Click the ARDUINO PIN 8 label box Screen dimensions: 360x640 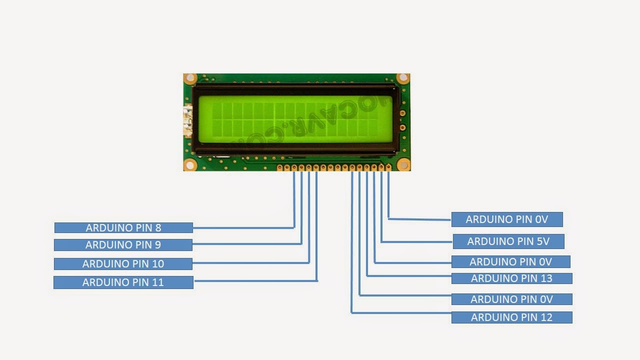(123, 228)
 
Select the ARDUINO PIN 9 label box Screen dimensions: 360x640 (123, 245)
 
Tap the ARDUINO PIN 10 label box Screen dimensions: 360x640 (123, 264)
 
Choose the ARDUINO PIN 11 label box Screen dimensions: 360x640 (123, 282)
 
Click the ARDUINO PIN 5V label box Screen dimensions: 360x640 (508, 241)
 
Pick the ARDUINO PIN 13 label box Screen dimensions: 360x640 (511, 278)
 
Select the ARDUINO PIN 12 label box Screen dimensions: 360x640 (511, 317)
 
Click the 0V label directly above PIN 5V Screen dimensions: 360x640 (507, 219)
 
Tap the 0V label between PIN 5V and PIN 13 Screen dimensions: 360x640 (510, 262)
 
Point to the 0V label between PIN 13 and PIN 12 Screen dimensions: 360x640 (511, 299)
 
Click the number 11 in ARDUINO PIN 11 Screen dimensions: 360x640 (157, 282)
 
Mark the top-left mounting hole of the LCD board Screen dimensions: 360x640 (190, 78)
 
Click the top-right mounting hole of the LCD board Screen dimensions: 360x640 (402, 78)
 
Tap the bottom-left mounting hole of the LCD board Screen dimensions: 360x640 (190, 164)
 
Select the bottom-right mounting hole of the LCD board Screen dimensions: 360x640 (402, 164)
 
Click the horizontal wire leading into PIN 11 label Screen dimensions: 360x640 (255, 281)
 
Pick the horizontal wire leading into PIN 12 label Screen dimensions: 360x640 (400, 313)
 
